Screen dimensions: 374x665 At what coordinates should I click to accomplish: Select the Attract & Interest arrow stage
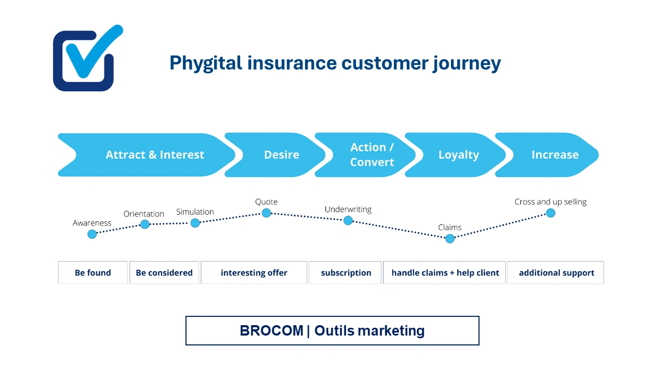pos(154,155)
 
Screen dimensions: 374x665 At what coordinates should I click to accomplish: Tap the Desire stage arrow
pos(281,155)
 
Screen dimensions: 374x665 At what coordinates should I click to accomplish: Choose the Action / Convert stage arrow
pos(371,155)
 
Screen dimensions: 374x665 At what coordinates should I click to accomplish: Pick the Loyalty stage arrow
pos(458,155)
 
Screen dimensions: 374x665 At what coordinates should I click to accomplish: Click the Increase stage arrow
pos(554,155)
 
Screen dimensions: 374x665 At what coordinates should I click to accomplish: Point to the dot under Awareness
pos(92,234)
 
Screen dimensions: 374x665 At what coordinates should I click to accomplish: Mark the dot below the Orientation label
pos(145,224)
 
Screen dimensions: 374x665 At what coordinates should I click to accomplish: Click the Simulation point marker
pos(195,223)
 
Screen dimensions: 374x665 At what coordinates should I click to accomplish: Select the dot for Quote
pos(266,212)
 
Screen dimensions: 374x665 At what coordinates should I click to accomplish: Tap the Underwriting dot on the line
pos(348,220)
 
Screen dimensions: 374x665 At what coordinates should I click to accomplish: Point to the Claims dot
pos(450,238)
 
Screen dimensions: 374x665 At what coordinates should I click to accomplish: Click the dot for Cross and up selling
pos(550,212)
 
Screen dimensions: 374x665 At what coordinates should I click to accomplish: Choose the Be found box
pos(93,273)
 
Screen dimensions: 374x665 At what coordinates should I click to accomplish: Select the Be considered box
pos(164,273)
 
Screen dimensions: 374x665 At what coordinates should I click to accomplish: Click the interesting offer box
pos(254,273)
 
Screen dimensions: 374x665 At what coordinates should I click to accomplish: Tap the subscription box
pos(345,273)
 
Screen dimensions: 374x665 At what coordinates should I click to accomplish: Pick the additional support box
pos(556,273)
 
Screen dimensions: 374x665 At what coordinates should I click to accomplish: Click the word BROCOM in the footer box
pos(271,331)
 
